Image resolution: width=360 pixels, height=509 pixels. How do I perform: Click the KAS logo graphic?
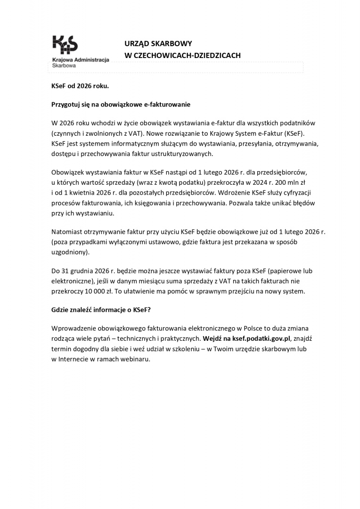[65, 45]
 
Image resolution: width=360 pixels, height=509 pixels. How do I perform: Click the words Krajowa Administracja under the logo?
[80, 60]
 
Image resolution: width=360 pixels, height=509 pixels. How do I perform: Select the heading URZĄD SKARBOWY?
[158, 43]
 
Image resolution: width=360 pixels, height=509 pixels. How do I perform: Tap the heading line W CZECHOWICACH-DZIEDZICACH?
[182, 55]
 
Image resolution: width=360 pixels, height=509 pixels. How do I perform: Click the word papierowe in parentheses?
[286, 271]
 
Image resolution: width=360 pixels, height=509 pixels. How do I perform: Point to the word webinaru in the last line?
[136, 359]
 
